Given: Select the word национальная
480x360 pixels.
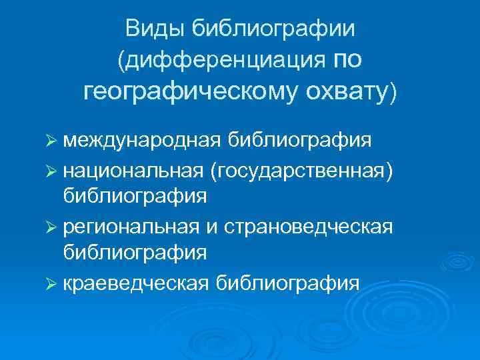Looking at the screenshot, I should pyautogui.click(x=133, y=171).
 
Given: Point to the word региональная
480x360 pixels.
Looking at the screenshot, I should pyautogui.click(x=131, y=227).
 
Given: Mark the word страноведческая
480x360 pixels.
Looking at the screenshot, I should pyautogui.click(x=309, y=227).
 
